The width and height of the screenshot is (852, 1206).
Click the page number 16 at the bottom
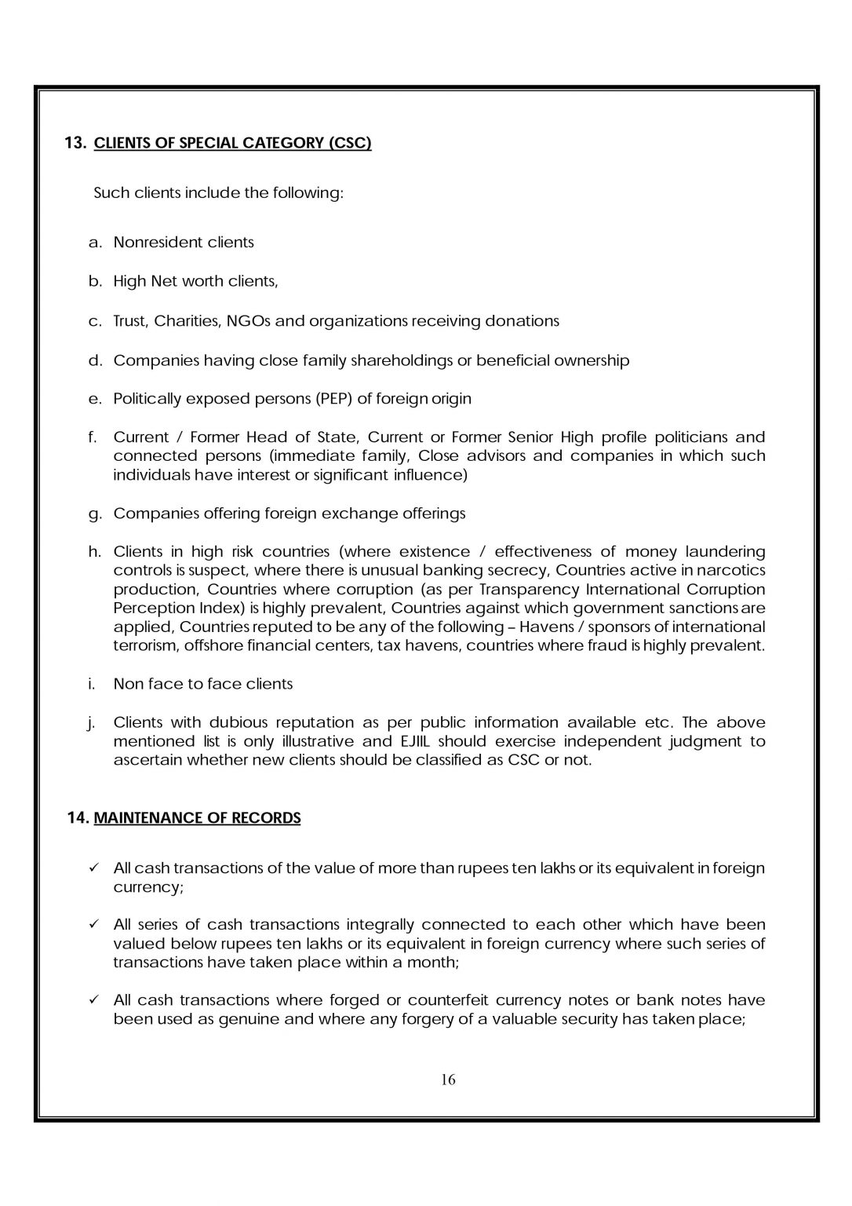(448, 1079)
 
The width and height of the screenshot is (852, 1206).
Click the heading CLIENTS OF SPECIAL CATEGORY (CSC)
(232, 143)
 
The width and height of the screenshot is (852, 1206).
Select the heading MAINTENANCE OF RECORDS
(197, 818)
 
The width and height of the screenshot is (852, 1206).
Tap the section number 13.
(75, 143)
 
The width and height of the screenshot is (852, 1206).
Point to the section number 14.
(78, 818)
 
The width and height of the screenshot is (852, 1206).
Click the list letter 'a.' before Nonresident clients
(95, 242)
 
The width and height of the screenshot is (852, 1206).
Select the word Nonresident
(147, 242)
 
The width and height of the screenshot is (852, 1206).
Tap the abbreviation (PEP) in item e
(333, 398)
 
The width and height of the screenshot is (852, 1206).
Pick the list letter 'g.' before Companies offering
(95, 513)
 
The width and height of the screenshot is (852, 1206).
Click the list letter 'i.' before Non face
(93, 684)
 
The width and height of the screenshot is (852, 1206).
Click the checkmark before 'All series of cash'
(93, 924)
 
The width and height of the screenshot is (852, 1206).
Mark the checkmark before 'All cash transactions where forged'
(93, 1000)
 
